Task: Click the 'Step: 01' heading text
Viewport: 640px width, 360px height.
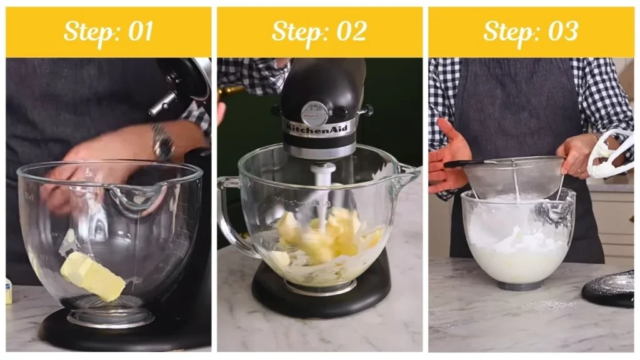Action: point(108,32)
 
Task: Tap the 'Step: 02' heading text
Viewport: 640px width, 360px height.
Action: point(319,32)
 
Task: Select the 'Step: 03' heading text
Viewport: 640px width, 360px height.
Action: point(531,32)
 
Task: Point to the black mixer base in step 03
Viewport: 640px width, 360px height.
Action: point(610,289)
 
